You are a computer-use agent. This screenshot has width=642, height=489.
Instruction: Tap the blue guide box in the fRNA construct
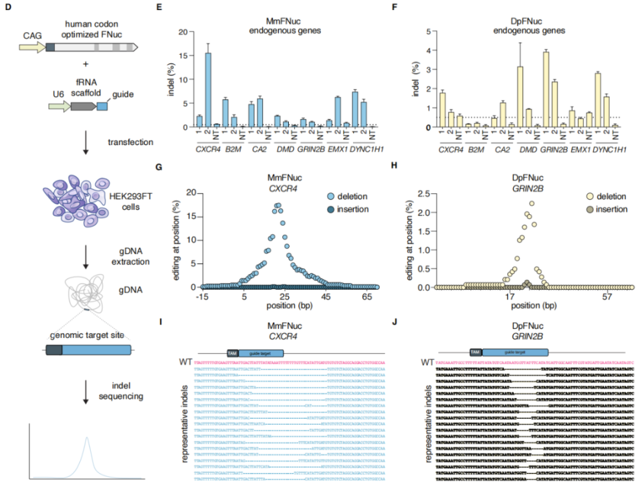tap(103, 106)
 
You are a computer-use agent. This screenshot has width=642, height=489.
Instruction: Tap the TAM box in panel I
tap(232, 353)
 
